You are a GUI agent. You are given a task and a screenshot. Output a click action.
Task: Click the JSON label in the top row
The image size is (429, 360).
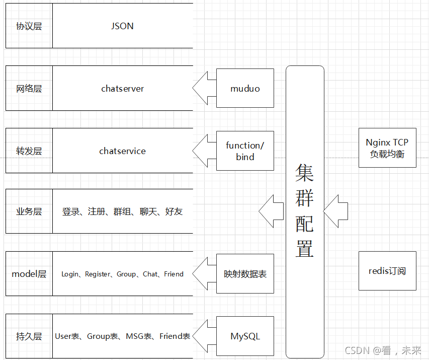pos(122,26)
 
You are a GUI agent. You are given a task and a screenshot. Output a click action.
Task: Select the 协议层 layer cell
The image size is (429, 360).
pos(29,26)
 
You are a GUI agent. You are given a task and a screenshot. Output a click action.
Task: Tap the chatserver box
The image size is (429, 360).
pos(122,89)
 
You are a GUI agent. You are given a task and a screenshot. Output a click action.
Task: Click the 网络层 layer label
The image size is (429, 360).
pos(29,89)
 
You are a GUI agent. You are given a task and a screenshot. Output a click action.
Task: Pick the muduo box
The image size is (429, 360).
pos(245,89)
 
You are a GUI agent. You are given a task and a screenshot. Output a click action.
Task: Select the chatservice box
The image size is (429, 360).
pos(122,151)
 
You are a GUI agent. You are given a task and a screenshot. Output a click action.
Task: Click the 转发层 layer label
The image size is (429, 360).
pos(29,151)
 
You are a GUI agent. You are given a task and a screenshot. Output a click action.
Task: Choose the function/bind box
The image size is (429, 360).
pos(245,151)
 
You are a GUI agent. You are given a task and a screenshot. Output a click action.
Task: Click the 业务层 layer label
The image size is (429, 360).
pos(29,211)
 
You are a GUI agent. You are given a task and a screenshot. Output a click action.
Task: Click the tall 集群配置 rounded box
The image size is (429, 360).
pos(305,211)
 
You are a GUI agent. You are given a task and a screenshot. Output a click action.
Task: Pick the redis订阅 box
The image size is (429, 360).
pos(387,271)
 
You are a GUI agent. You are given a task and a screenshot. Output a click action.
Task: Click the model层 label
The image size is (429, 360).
pos(29,274)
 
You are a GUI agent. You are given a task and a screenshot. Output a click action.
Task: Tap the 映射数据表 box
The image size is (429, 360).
pos(245,274)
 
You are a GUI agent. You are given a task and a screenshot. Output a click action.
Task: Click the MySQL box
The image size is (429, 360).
pos(245,336)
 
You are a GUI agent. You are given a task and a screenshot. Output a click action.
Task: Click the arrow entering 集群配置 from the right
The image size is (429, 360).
pos(335,211)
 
